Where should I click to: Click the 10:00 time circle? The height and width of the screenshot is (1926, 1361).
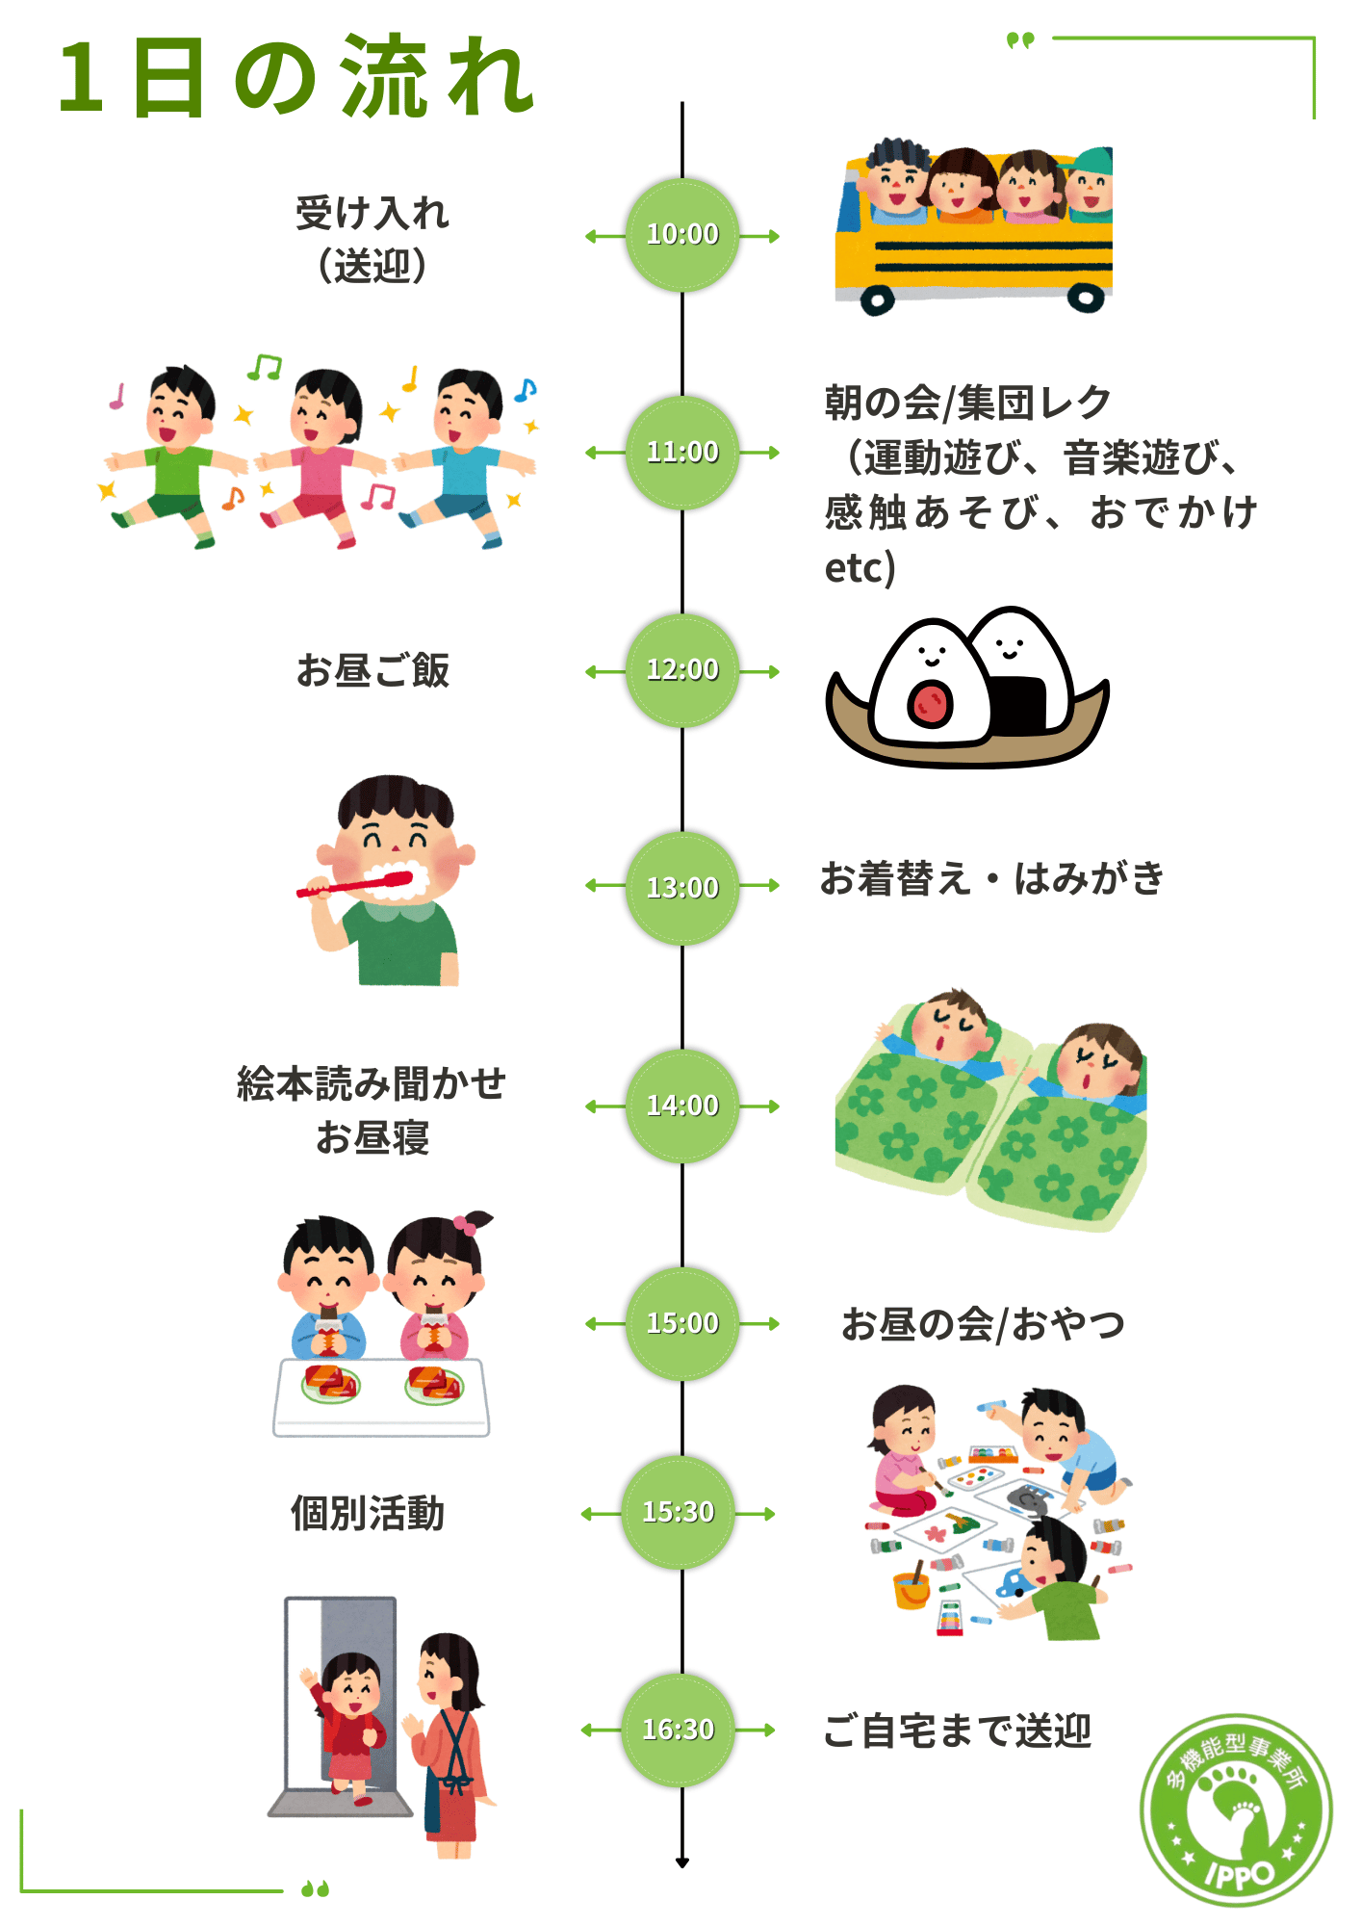[x=682, y=235]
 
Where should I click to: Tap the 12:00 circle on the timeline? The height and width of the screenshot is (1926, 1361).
[x=682, y=670]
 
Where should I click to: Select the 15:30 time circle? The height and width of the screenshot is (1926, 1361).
[x=679, y=1513]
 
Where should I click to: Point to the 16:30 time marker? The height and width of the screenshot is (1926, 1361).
[x=679, y=1731]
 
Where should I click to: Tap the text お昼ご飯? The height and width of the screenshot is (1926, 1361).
[x=372, y=670]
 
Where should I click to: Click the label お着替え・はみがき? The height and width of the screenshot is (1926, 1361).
[x=991, y=878]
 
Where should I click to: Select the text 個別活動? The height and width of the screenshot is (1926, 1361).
[x=368, y=1513]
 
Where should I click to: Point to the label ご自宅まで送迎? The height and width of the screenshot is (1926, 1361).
[x=957, y=1731]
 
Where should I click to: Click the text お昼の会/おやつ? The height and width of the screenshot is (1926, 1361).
[x=983, y=1324]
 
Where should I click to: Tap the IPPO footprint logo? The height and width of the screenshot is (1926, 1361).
[x=1236, y=1810]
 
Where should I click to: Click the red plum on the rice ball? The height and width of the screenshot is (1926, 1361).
[x=930, y=702]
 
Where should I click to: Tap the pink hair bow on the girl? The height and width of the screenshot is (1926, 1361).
[x=465, y=1225]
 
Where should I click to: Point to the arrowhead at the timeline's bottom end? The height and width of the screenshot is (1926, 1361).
[x=682, y=1862]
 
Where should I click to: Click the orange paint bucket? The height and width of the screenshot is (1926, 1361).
[x=911, y=1591]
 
